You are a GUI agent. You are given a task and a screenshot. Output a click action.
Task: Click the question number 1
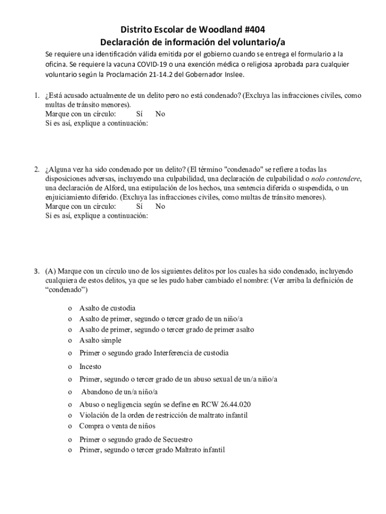(x=37, y=95)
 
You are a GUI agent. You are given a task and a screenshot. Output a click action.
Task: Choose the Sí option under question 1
(x=140, y=114)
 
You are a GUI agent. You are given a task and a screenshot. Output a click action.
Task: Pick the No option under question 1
(x=160, y=114)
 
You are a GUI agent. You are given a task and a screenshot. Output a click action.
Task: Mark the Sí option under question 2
(x=140, y=206)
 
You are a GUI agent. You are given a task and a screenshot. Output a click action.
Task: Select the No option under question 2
(x=160, y=206)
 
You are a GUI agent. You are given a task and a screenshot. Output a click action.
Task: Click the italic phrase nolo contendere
(x=336, y=179)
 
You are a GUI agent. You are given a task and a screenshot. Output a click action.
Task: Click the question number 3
(x=37, y=272)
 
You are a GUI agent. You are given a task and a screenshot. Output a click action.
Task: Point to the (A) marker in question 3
(x=50, y=272)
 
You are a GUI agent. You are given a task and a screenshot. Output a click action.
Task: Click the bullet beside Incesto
(x=69, y=367)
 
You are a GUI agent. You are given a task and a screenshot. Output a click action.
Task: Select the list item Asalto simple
(x=100, y=340)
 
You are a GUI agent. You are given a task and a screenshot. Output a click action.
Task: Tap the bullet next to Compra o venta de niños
(x=69, y=427)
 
